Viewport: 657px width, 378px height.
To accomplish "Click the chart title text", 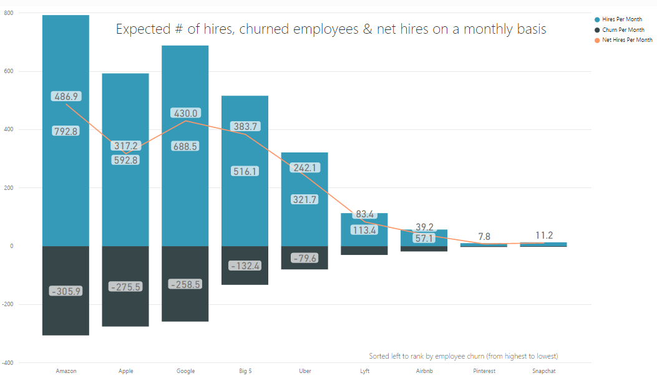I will (331, 29).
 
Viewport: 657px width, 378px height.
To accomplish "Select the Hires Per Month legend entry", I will (621, 19).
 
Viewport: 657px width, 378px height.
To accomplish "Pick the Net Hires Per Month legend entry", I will (626, 39).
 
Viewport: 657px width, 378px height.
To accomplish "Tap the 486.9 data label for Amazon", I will (66, 97).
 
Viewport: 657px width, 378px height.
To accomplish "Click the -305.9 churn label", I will (66, 291).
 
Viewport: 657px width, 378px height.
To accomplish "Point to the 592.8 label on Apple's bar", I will (126, 159).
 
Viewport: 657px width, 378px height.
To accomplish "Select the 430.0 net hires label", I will (185, 113).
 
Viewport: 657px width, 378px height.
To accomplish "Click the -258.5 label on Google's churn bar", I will (185, 284).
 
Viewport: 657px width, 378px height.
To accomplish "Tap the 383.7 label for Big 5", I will (245, 126).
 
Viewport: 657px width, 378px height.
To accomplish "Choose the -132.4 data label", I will (245, 266).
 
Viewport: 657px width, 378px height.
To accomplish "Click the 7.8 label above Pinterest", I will (484, 236).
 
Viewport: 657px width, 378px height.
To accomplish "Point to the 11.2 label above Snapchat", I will (544, 236).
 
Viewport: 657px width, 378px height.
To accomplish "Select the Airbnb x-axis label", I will (425, 371).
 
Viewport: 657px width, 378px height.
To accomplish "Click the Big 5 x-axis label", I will (245, 371).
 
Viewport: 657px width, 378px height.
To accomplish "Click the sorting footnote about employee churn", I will (463, 356).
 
